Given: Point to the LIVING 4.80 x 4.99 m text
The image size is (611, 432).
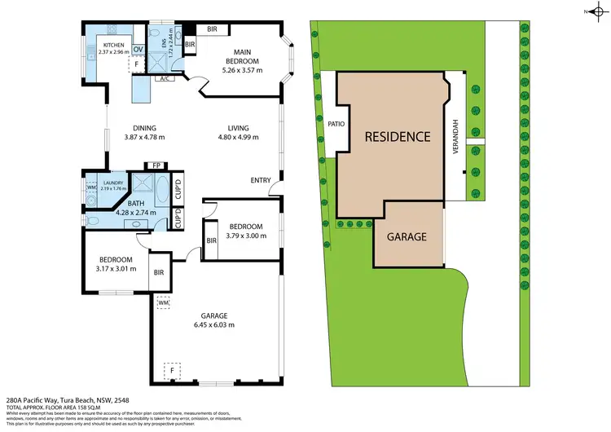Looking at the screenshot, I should (238, 132).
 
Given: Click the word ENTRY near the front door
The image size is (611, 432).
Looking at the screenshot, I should (261, 180).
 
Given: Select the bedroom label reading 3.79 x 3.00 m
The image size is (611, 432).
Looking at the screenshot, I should (245, 230).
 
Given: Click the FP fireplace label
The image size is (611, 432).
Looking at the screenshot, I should (156, 165).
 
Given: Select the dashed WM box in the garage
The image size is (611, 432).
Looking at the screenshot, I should (163, 302).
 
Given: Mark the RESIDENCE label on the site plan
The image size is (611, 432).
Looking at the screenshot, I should (397, 136).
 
